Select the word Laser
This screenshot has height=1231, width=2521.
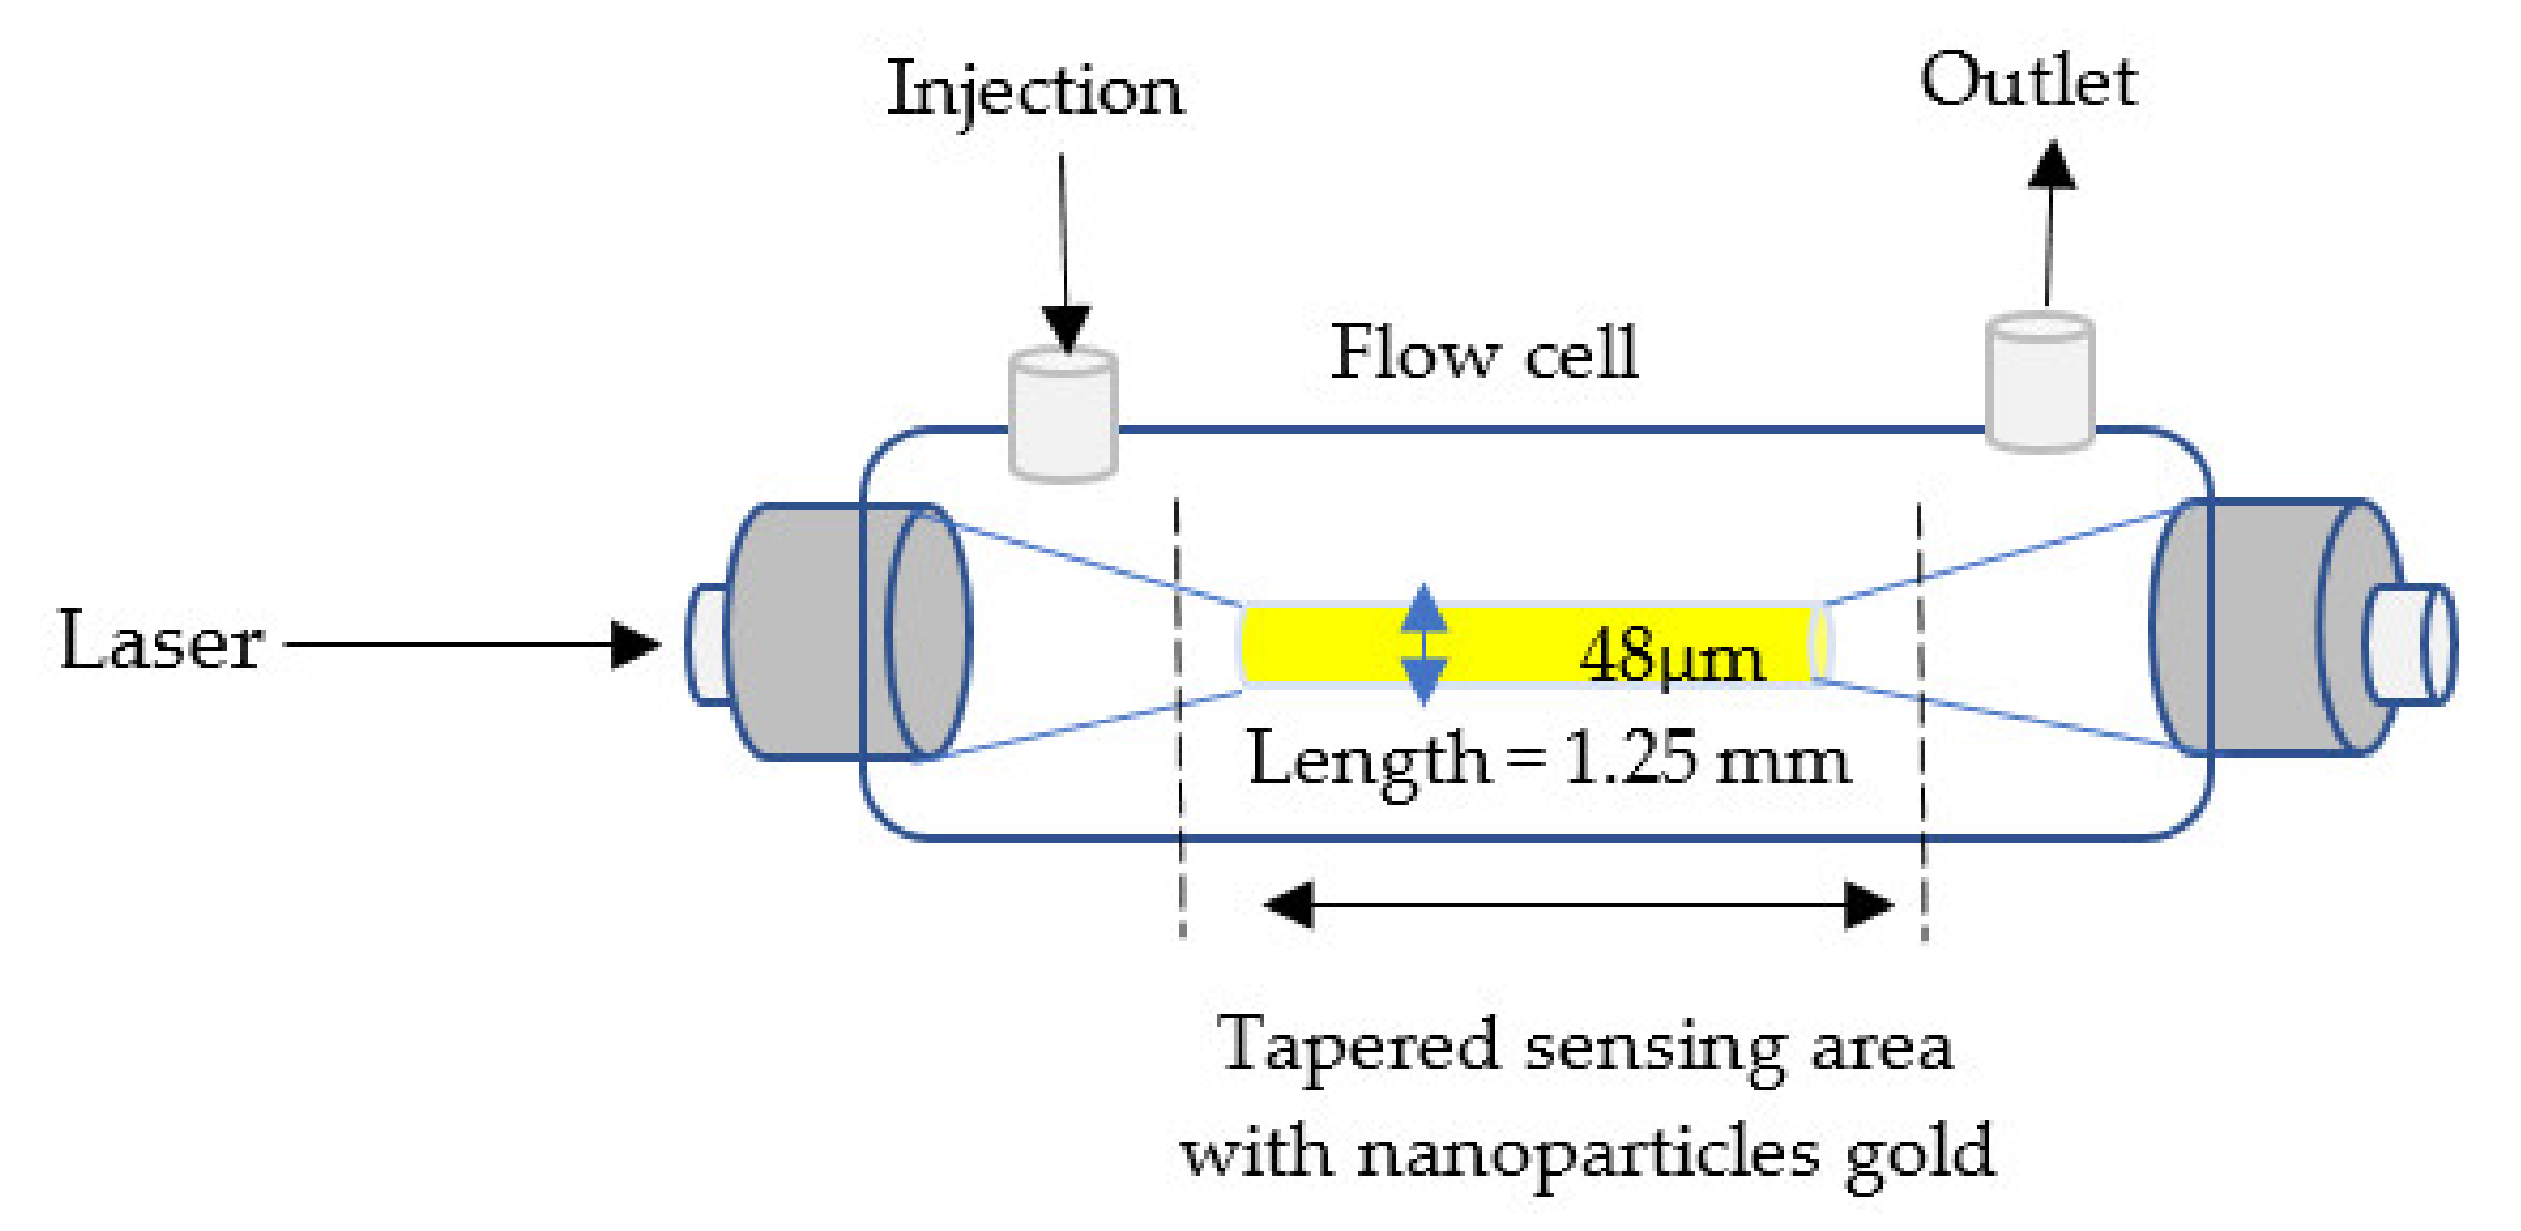click(161, 642)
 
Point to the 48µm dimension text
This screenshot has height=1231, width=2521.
click(1671, 656)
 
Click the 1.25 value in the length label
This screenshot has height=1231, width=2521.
click(1630, 758)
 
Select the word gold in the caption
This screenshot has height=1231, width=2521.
click(1919, 1153)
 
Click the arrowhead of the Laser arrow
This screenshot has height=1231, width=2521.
click(634, 645)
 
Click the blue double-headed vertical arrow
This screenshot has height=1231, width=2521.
click(1423, 644)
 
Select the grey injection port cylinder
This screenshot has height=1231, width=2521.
click(1063, 416)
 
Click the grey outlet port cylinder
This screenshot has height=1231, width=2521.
click(2040, 383)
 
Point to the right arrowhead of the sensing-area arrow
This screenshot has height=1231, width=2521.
click(1868, 904)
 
